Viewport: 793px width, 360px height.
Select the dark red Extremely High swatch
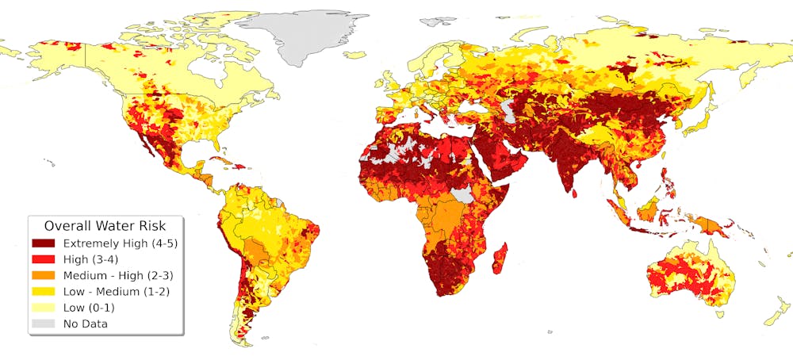pyautogui.click(x=44, y=243)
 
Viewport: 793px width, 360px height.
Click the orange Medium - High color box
pyautogui.click(x=44, y=275)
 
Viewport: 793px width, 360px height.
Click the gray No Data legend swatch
pyautogui.click(x=44, y=324)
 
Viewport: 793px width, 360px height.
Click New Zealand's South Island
pyautogui.click(x=772, y=317)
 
